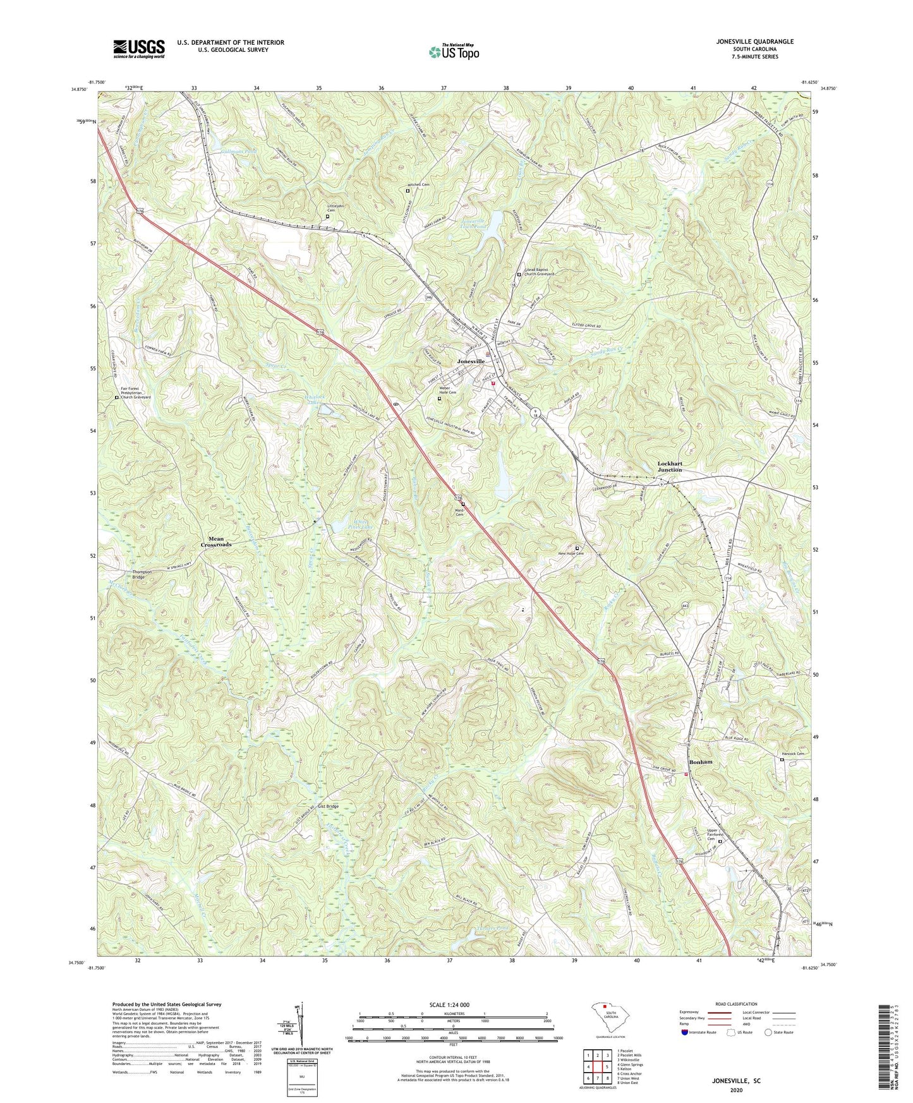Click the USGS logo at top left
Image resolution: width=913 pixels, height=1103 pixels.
139,49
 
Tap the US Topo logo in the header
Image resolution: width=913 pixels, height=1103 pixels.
453,51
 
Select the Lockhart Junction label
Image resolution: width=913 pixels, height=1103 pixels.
670,467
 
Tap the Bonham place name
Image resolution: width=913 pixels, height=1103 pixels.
701,762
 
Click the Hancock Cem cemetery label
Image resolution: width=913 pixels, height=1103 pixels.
793,754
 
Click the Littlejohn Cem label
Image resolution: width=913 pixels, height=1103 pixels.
336,208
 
